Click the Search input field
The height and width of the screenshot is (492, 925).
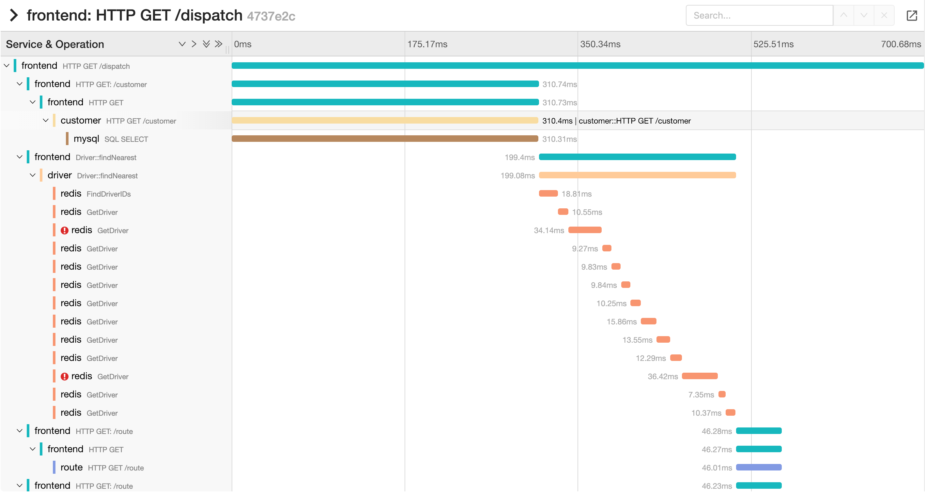(759, 15)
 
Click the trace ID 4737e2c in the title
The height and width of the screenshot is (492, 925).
(271, 16)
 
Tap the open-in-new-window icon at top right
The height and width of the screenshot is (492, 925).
(911, 15)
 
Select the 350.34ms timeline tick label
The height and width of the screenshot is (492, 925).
(600, 44)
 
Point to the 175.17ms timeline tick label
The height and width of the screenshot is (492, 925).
(427, 44)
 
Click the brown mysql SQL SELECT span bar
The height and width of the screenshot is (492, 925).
(385, 139)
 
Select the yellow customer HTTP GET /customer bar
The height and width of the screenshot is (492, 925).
(385, 120)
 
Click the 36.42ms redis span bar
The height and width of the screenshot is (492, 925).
(700, 376)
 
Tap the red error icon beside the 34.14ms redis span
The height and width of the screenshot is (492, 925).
(64, 231)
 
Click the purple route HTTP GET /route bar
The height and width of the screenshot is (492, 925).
(758, 467)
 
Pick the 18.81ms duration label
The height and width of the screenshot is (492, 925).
(576, 194)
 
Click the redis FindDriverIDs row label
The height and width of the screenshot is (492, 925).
(95, 194)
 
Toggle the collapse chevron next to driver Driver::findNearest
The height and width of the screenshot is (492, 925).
(33, 175)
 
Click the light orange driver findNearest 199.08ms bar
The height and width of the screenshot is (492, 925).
(637, 175)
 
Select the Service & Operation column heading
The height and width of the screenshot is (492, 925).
(55, 44)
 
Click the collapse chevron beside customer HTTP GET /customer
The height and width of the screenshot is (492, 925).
(46, 120)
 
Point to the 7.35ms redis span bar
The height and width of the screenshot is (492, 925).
(722, 395)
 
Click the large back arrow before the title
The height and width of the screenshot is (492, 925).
(14, 15)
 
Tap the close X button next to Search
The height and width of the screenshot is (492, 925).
(884, 15)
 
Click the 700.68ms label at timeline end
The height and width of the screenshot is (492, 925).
(900, 44)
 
